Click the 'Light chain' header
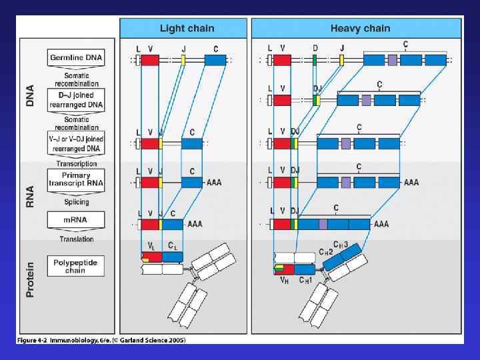click(x=182, y=28)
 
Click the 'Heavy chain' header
click(x=360, y=28)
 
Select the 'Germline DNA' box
click(x=76, y=58)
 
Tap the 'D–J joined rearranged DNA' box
click(x=76, y=99)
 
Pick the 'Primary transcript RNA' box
click(x=76, y=179)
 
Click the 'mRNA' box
click(x=76, y=220)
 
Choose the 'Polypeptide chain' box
click(x=76, y=266)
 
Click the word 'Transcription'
click(x=76, y=163)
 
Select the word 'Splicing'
click(x=76, y=202)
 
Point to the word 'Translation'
click(x=76, y=239)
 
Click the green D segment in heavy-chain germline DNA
click(x=315, y=60)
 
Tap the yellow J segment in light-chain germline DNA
click(x=183, y=60)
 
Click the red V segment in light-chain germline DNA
click(x=150, y=60)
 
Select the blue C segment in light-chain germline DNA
click(x=215, y=60)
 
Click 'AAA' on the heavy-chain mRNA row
click(x=381, y=224)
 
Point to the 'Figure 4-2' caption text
click(x=100, y=340)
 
